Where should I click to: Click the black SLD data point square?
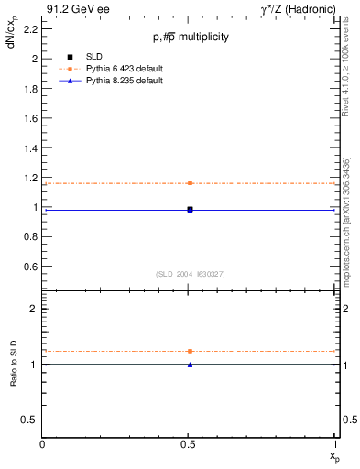coord(190,209)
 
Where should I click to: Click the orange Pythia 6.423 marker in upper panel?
coord(190,183)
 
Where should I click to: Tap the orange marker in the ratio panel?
coord(190,351)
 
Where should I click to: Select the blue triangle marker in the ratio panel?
coord(190,365)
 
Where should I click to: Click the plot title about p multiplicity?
coord(191,37)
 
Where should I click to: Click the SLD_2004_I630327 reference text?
coord(190,274)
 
